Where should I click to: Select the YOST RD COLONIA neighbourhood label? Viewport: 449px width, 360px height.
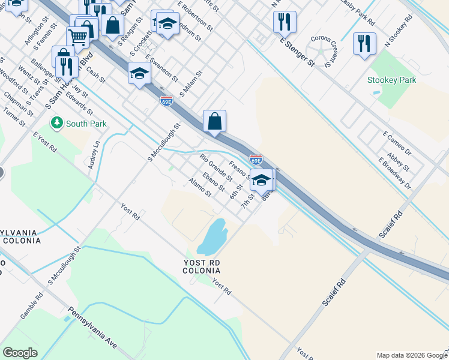pos(202,267)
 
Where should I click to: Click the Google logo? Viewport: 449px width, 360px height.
pos(20,353)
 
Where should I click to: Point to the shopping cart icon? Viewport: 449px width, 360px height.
pos(78,37)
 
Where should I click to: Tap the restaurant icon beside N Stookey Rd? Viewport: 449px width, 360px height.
pos(364,43)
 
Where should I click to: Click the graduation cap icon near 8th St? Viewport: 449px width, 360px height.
pos(262,179)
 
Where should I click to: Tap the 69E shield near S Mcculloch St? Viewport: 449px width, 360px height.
pos(167,101)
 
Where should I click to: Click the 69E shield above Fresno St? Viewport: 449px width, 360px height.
pos(256,160)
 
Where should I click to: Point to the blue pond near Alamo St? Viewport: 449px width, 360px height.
pos(212,237)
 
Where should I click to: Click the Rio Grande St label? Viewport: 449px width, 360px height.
pos(216,168)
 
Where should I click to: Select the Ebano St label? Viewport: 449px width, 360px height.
pos(213,182)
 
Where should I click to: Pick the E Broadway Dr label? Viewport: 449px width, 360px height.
pos(394,173)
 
